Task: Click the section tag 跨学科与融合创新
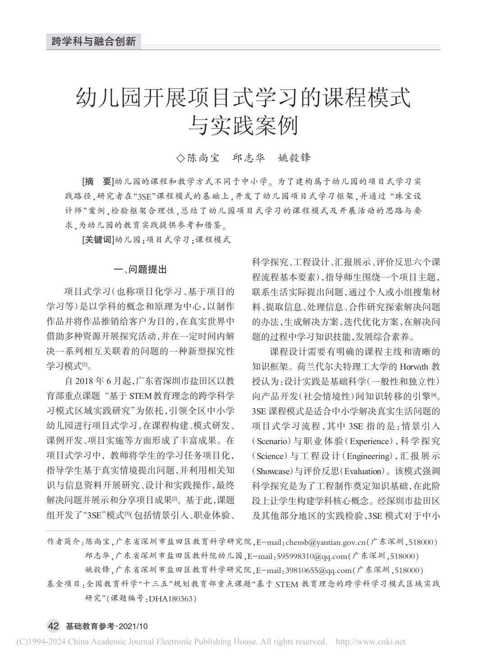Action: [94, 42]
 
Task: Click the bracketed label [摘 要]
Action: [97, 182]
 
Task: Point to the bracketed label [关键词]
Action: [96, 240]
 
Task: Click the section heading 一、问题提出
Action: [141, 270]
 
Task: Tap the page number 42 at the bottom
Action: [53, 626]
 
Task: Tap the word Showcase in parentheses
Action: [273, 471]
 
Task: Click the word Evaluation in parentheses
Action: [363, 471]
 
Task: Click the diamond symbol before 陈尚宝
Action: [180, 158]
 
